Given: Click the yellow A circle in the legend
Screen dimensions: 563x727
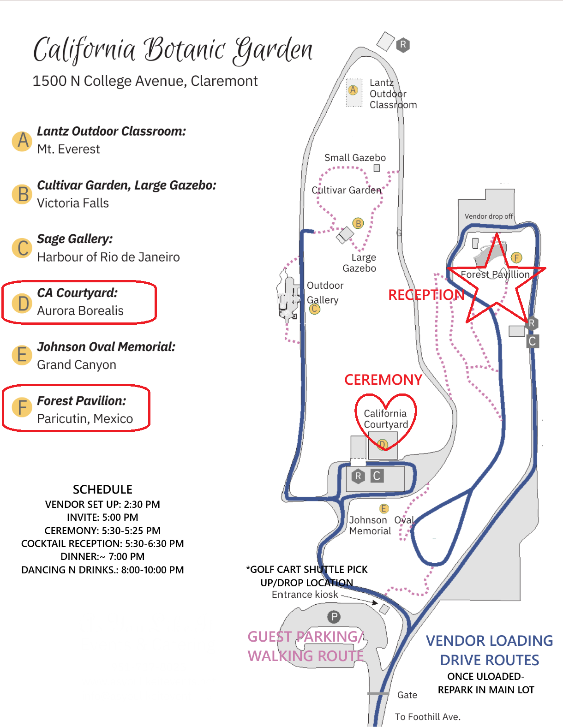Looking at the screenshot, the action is [x=22, y=141].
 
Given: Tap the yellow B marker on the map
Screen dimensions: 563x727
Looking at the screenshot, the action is [x=358, y=223].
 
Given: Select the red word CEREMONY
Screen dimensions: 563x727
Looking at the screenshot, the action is [x=383, y=380].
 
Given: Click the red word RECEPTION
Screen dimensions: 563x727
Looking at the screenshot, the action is [x=426, y=295].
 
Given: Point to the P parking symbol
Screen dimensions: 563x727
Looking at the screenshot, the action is [x=334, y=616].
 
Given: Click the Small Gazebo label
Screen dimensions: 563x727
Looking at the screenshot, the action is [x=355, y=158].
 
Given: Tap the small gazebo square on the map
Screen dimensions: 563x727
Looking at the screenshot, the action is [x=377, y=168].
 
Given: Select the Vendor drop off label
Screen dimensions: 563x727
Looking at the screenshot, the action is [x=488, y=216].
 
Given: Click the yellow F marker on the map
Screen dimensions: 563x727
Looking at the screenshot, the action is [x=516, y=257].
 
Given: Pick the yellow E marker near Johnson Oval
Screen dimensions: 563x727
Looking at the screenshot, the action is [x=383, y=508].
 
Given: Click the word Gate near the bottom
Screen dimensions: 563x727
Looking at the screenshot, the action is [x=407, y=695].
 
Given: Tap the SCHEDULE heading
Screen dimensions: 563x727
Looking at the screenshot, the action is [x=103, y=489].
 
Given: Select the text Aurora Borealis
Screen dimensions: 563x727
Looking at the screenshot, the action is [x=80, y=310].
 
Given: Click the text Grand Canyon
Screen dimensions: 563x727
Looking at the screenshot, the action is [x=77, y=364].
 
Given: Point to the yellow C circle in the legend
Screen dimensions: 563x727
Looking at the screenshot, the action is [x=22, y=248].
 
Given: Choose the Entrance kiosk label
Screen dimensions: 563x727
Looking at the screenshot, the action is [x=305, y=594].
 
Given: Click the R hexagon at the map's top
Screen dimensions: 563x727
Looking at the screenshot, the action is [x=403, y=44].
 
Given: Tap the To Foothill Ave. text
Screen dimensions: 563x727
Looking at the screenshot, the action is [x=427, y=717].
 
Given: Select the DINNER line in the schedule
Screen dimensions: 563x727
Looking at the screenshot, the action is [x=102, y=556].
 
